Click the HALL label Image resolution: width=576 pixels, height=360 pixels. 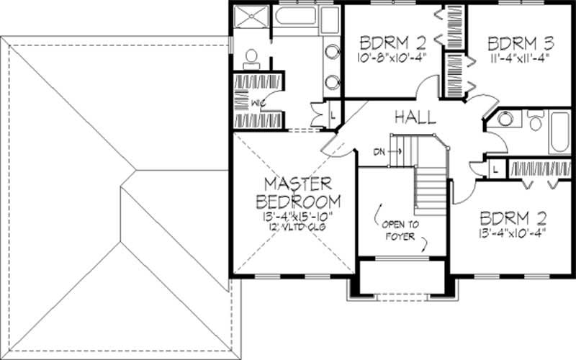[413, 117]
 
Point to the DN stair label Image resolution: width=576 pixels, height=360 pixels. [379, 152]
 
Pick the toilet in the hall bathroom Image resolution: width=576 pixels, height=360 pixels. [535, 120]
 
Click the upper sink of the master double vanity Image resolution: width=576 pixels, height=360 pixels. [332, 52]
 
